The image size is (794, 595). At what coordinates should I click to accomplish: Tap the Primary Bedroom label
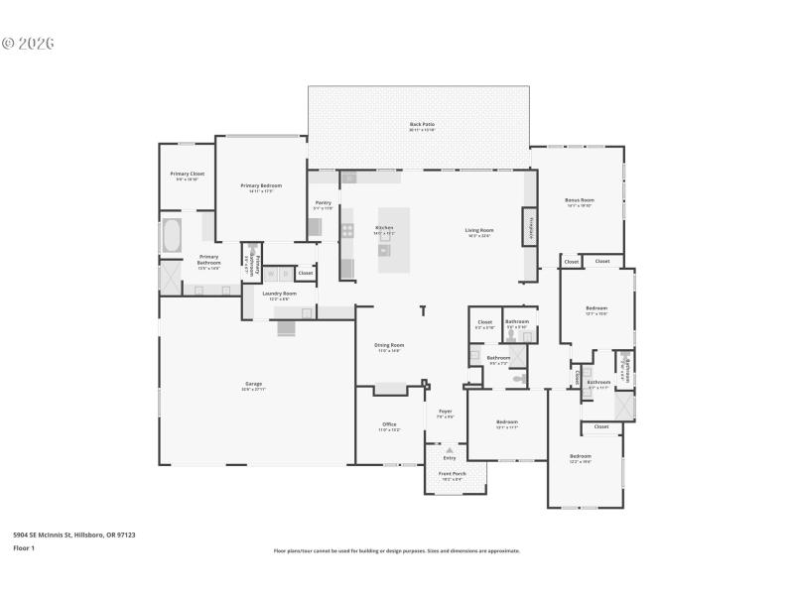tap(261, 187)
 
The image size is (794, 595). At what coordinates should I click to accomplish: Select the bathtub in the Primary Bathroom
tap(172, 236)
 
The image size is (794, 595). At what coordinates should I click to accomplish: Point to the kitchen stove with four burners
tap(347, 231)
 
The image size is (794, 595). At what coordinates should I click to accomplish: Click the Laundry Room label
tap(279, 295)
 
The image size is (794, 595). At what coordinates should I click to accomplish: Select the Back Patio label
tap(422, 126)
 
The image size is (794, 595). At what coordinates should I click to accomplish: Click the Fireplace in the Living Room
tap(530, 227)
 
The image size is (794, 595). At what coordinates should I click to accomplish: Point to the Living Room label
tap(479, 232)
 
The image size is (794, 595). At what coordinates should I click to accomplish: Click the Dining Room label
tap(390, 347)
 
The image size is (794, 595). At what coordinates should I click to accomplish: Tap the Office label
tap(389, 426)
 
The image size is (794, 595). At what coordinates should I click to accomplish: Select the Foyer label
tap(446, 413)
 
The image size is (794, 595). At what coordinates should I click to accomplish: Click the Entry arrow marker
tap(450, 449)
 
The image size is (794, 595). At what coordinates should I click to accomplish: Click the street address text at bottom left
tap(73, 535)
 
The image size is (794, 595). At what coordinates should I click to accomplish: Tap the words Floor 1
tap(23, 547)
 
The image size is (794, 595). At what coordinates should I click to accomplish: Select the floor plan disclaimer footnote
tap(396, 550)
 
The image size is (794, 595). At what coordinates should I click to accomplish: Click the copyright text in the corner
tap(28, 44)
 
